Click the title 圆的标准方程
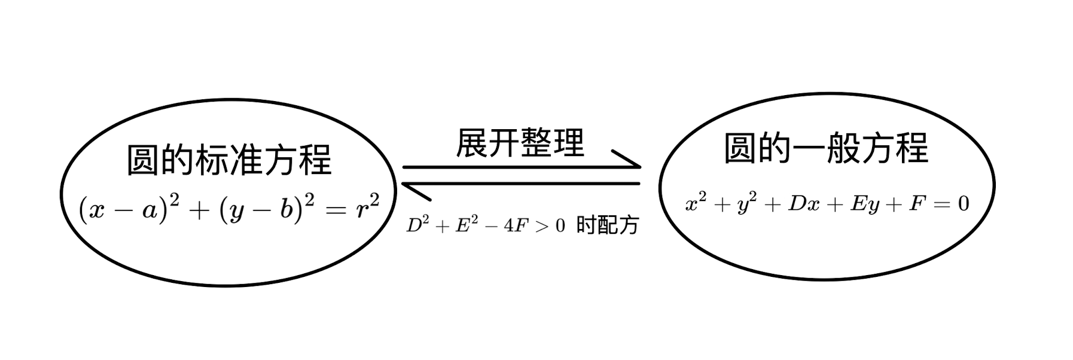coord(229,160)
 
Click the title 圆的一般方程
coord(826,148)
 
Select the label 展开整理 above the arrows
coord(520,144)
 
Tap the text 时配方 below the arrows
coord(608,225)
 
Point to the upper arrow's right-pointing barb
coord(626,158)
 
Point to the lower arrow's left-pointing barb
coord(417,192)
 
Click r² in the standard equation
coord(366,208)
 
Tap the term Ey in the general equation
coord(865,205)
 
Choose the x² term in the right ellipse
coord(694,203)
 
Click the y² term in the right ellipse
coord(746,205)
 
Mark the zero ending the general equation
coord(963,205)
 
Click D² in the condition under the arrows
coord(417,225)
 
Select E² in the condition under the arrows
coord(465,225)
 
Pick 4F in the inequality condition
coord(514,226)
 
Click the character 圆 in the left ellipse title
coord(143,160)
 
